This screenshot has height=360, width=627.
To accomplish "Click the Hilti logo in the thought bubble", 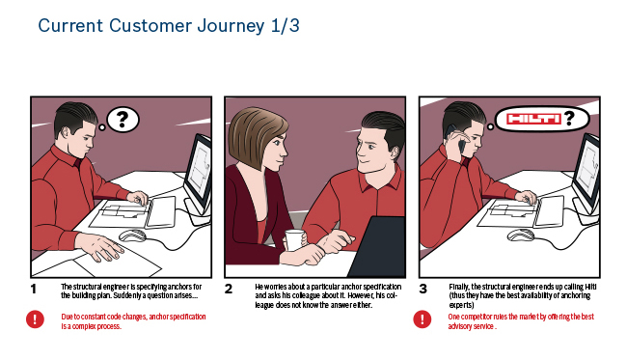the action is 533,119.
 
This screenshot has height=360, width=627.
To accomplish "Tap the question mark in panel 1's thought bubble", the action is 123,120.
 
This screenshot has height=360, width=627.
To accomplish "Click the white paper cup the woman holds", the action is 293,240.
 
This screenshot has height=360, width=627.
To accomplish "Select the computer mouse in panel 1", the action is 132,235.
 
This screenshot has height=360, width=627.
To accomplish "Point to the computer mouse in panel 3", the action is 521,235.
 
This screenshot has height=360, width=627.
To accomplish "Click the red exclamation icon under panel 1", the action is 35,319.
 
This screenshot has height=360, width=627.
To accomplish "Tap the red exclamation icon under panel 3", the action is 422,319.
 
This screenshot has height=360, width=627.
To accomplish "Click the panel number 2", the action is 229,289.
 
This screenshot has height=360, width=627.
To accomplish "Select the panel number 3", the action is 423,289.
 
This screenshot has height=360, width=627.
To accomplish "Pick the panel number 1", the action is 34,289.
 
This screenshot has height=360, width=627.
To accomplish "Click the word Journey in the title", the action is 231,26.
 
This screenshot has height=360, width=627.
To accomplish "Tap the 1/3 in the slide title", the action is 285,25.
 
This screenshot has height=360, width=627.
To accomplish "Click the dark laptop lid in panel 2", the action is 378,247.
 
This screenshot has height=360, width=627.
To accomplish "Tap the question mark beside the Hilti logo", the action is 570,119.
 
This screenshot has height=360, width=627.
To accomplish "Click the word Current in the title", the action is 70,26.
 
